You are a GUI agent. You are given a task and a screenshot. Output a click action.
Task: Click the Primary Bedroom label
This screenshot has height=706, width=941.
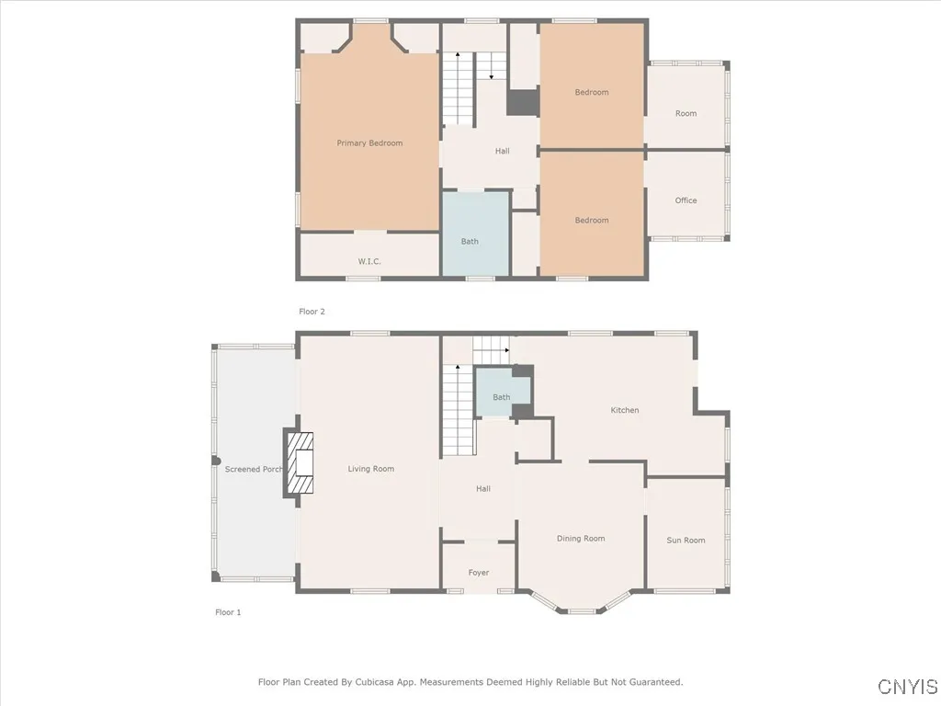(369, 143)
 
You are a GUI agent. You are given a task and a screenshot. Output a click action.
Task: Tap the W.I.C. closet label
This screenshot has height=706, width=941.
(369, 262)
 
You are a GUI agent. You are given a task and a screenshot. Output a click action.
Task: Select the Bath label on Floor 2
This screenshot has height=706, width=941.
(470, 242)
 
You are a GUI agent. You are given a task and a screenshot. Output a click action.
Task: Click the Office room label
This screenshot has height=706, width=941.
(686, 200)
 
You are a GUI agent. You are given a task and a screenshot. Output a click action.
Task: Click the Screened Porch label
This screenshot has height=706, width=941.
(254, 470)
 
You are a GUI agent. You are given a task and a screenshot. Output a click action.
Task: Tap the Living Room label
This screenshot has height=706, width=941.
(371, 469)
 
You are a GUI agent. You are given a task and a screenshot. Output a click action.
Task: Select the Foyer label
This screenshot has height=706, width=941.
(479, 573)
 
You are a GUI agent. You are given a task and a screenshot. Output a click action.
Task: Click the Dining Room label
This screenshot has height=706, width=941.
(581, 539)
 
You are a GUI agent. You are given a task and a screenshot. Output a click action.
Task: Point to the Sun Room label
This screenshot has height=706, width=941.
(686, 541)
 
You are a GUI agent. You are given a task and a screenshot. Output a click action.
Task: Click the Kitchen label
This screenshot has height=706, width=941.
(625, 410)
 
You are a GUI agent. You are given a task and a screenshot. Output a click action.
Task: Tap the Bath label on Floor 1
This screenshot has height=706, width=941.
(501, 398)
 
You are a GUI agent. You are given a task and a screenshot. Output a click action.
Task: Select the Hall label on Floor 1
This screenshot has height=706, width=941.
(483, 489)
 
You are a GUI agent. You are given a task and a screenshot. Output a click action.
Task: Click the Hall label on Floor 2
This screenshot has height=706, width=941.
(502, 152)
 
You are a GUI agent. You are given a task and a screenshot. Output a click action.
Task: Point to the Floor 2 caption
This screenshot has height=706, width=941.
(312, 312)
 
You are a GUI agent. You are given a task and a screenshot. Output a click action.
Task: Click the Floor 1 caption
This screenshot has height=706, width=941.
(228, 612)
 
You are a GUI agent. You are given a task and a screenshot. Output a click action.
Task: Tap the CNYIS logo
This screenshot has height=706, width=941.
(907, 687)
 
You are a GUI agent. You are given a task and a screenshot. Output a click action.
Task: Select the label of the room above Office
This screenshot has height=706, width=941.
(686, 114)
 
